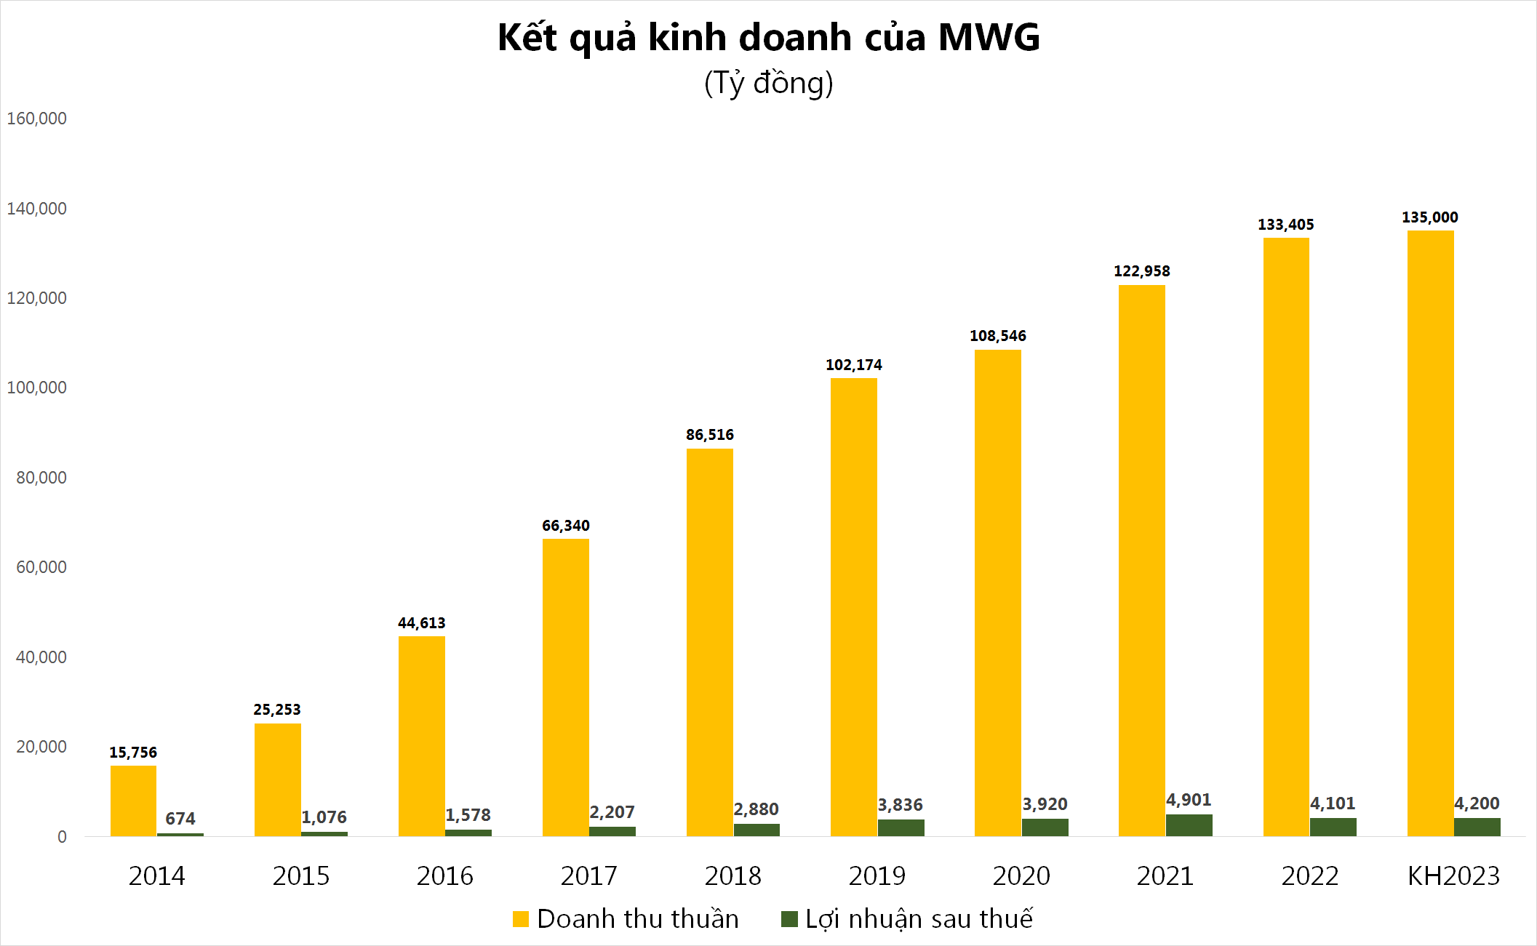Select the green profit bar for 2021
tap(1189, 825)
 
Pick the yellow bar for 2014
tap(133, 801)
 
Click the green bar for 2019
tap(901, 827)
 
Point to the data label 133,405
tap(1285, 225)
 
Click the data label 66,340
tap(565, 526)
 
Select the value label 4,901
tap(1189, 800)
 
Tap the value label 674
tap(180, 819)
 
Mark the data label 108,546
tap(997, 336)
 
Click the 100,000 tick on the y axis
tap(36, 388)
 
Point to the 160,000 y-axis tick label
tap(36, 119)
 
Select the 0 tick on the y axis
tap(62, 837)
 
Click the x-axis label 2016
tap(444, 875)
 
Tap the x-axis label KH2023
tap(1453, 875)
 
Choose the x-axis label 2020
tap(1021, 875)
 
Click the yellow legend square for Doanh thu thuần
tap(520, 919)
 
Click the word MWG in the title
tap(989, 38)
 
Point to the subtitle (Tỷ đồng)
tap(768, 83)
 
